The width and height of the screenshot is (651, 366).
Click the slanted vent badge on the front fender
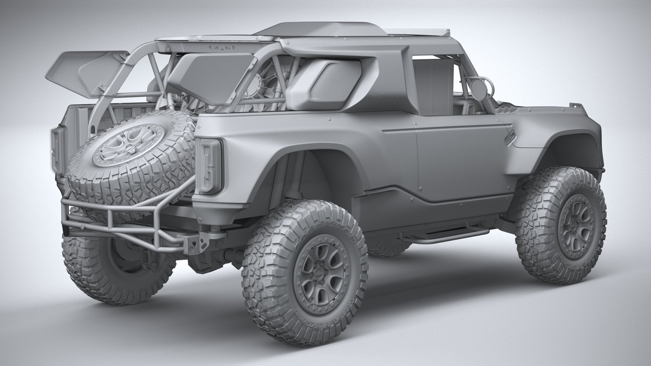(x=507, y=140)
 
